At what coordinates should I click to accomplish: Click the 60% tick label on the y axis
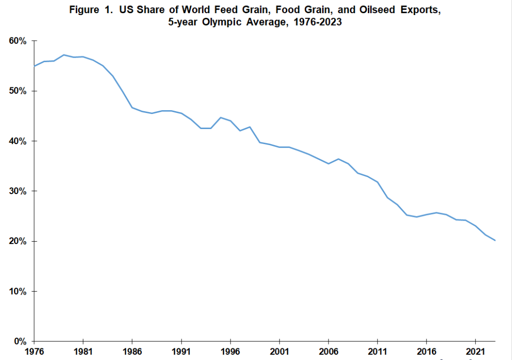tap(18, 41)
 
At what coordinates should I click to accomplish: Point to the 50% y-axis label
tap(18, 91)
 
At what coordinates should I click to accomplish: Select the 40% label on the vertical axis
tap(18, 141)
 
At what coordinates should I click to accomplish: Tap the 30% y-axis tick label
tap(18, 191)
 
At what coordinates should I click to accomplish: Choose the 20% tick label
tap(18, 241)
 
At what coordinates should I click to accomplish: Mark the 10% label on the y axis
tap(18, 291)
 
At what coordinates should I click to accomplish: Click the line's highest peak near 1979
tap(64, 55)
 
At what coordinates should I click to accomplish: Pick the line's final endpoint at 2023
tap(495, 241)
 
